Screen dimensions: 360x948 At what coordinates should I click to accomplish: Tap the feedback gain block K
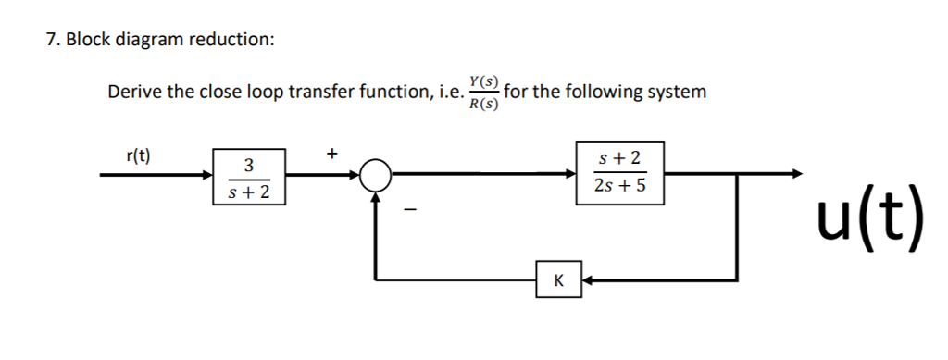pyautogui.click(x=558, y=279)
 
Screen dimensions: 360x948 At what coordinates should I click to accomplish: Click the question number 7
pyautogui.click(x=51, y=40)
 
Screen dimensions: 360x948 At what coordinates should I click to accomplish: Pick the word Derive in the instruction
pyautogui.click(x=134, y=93)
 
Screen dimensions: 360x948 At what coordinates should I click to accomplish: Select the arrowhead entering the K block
pyautogui.click(x=589, y=279)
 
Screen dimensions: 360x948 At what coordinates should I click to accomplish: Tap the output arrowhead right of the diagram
pyautogui.click(x=794, y=173)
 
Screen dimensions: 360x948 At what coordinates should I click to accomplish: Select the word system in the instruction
pyautogui.click(x=677, y=93)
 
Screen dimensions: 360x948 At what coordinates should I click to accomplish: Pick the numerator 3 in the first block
pyautogui.click(x=248, y=165)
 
